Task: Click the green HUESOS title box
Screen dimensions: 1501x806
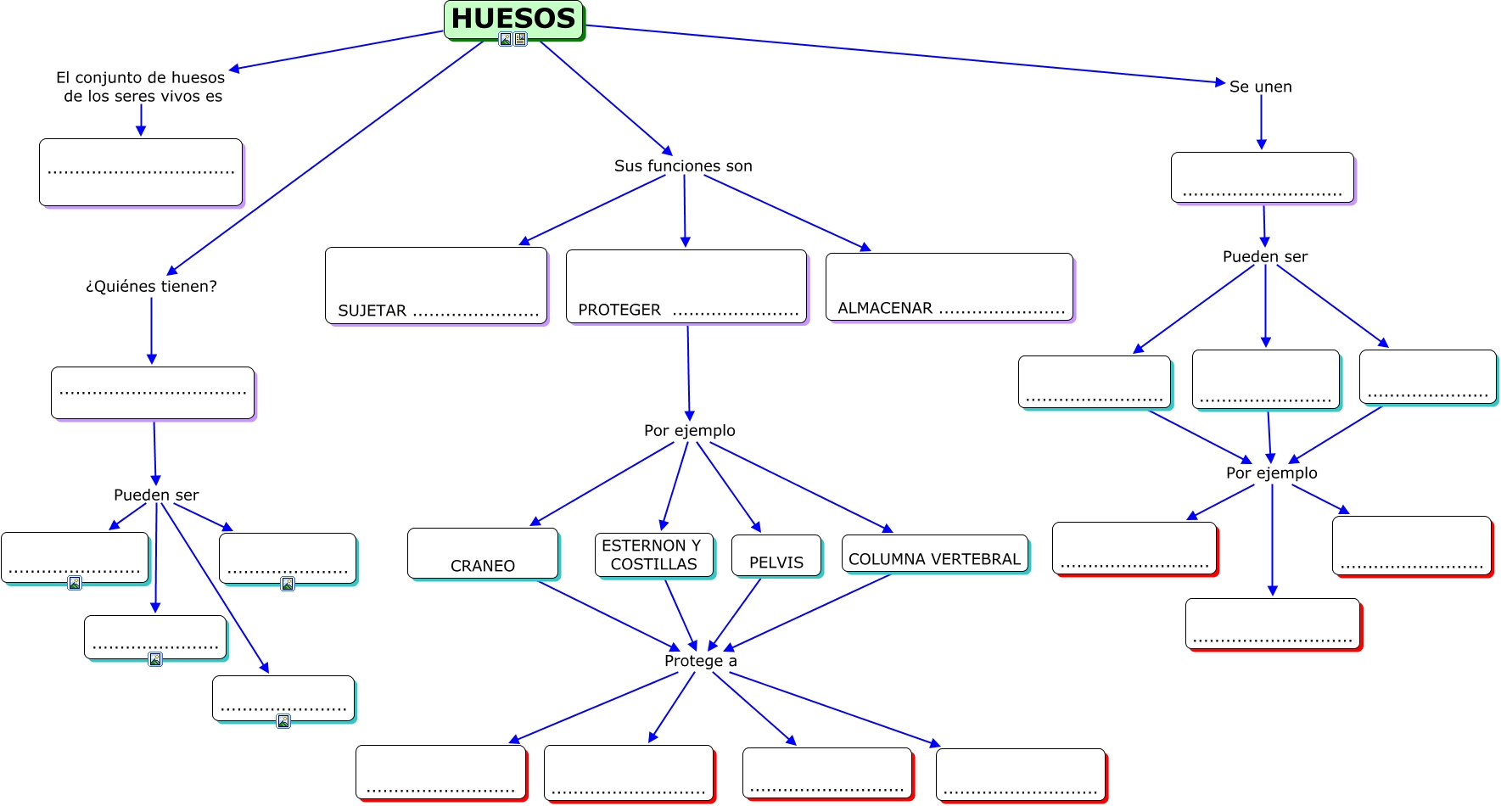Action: [x=514, y=20]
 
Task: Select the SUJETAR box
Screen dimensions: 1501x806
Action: [x=437, y=286]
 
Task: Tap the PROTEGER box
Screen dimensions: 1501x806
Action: [x=686, y=287]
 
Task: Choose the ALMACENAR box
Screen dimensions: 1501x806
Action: [x=949, y=288]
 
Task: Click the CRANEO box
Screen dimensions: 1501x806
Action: [x=484, y=554]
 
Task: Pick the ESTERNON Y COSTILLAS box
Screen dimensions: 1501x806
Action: [x=655, y=556]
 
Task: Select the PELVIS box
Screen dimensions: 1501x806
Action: [x=777, y=557]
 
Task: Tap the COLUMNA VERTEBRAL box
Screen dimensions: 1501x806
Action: [x=936, y=554]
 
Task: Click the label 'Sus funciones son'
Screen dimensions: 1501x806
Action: [x=683, y=166]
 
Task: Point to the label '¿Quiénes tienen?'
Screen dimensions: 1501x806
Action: [x=151, y=287]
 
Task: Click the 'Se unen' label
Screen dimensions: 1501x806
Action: [x=1261, y=87]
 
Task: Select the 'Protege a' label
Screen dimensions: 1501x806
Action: [x=701, y=661]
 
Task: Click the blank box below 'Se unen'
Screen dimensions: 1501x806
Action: [x=1263, y=178]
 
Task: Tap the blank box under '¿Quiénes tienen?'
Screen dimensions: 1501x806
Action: [x=154, y=394]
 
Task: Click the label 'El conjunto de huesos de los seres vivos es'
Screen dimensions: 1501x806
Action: [x=141, y=87]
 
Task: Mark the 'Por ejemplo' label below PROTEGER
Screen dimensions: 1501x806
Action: [x=690, y=430]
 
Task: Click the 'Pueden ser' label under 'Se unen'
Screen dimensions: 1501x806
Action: [x=1265, y=256]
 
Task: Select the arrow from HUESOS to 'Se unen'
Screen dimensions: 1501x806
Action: [x=905, y=54]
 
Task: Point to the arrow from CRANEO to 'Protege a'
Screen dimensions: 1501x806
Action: [x=609, y=616]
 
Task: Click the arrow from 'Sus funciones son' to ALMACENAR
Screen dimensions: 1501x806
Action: [x=787, y=213]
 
